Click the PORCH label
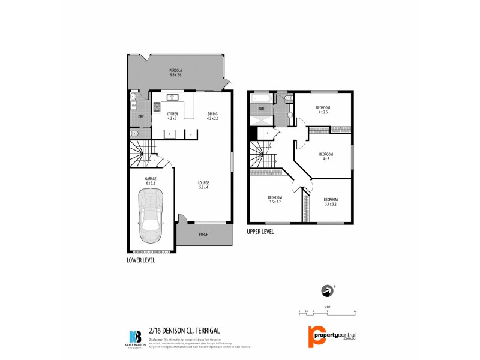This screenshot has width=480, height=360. click(203, 234)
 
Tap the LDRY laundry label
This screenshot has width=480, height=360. click(140, 116)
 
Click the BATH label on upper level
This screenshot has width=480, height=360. click(262, 109)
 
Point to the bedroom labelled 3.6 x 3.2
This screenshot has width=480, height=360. click(275, 200)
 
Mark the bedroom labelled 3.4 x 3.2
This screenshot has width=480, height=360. click(331, 201)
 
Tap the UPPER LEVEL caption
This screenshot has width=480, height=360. click(260, 231)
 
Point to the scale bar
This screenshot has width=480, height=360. click(327, 311)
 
